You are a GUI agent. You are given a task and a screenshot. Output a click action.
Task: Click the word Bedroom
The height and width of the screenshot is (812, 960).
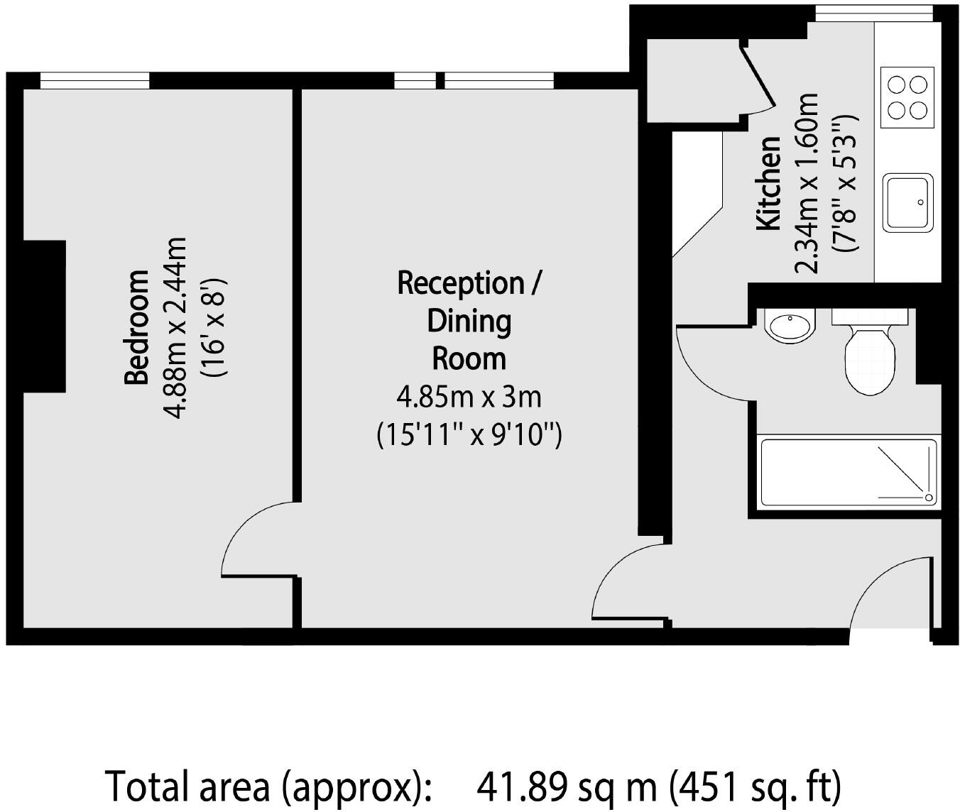coord(136,327)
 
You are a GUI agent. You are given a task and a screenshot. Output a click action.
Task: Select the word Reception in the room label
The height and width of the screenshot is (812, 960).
coord(461,283)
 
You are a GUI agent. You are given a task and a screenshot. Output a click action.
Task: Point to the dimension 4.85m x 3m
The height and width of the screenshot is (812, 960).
coord(469,397)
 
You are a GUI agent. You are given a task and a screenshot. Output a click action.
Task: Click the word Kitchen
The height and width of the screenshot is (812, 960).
coord(768,183)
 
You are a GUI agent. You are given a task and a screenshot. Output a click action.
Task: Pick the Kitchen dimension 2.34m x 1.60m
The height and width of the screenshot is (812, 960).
coord(806,183)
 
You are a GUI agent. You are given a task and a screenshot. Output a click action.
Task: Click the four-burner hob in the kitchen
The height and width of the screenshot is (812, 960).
coord(907,97)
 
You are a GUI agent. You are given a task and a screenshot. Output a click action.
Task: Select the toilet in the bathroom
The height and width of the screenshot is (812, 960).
coord(870,352)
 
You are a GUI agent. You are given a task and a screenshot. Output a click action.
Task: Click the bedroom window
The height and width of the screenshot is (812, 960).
coord(94,81)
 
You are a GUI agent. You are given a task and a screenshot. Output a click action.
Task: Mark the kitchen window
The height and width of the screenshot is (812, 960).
coord(874,13)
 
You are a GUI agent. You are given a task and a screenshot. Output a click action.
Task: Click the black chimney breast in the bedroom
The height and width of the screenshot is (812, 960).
coord(44,316)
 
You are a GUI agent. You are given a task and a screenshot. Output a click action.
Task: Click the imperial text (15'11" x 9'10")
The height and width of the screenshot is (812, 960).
coord(469,435)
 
